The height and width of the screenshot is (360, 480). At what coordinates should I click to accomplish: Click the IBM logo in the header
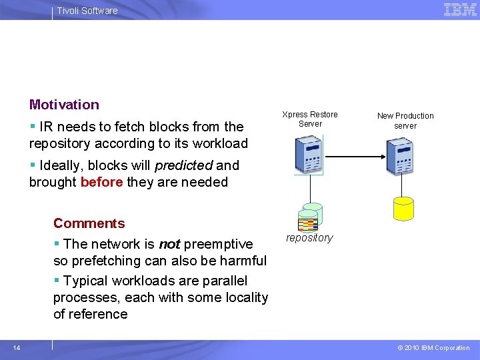tap(460, 10)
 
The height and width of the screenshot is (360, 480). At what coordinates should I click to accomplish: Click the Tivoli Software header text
tap(87, 11)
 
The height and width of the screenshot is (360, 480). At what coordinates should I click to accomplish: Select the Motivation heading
tap(64, 105)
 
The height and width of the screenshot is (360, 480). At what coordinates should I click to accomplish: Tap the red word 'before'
tap(101, 182)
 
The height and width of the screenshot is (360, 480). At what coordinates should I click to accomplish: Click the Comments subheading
tap(89, 223)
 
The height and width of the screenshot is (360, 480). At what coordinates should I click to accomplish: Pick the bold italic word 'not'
tap(169, 244)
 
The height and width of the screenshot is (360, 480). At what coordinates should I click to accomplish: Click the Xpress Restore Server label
tap(310, 119)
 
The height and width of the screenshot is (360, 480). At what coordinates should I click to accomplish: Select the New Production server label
tap(405, 121)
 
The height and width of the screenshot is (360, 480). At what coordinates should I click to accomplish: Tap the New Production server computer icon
tap(402, 154)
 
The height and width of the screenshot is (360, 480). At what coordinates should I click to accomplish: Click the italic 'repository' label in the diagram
tap(309, 238)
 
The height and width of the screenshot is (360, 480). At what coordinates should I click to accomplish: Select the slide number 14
tap(17, 347)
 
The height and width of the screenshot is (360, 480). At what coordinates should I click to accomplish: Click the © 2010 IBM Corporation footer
tap(433, 348)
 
